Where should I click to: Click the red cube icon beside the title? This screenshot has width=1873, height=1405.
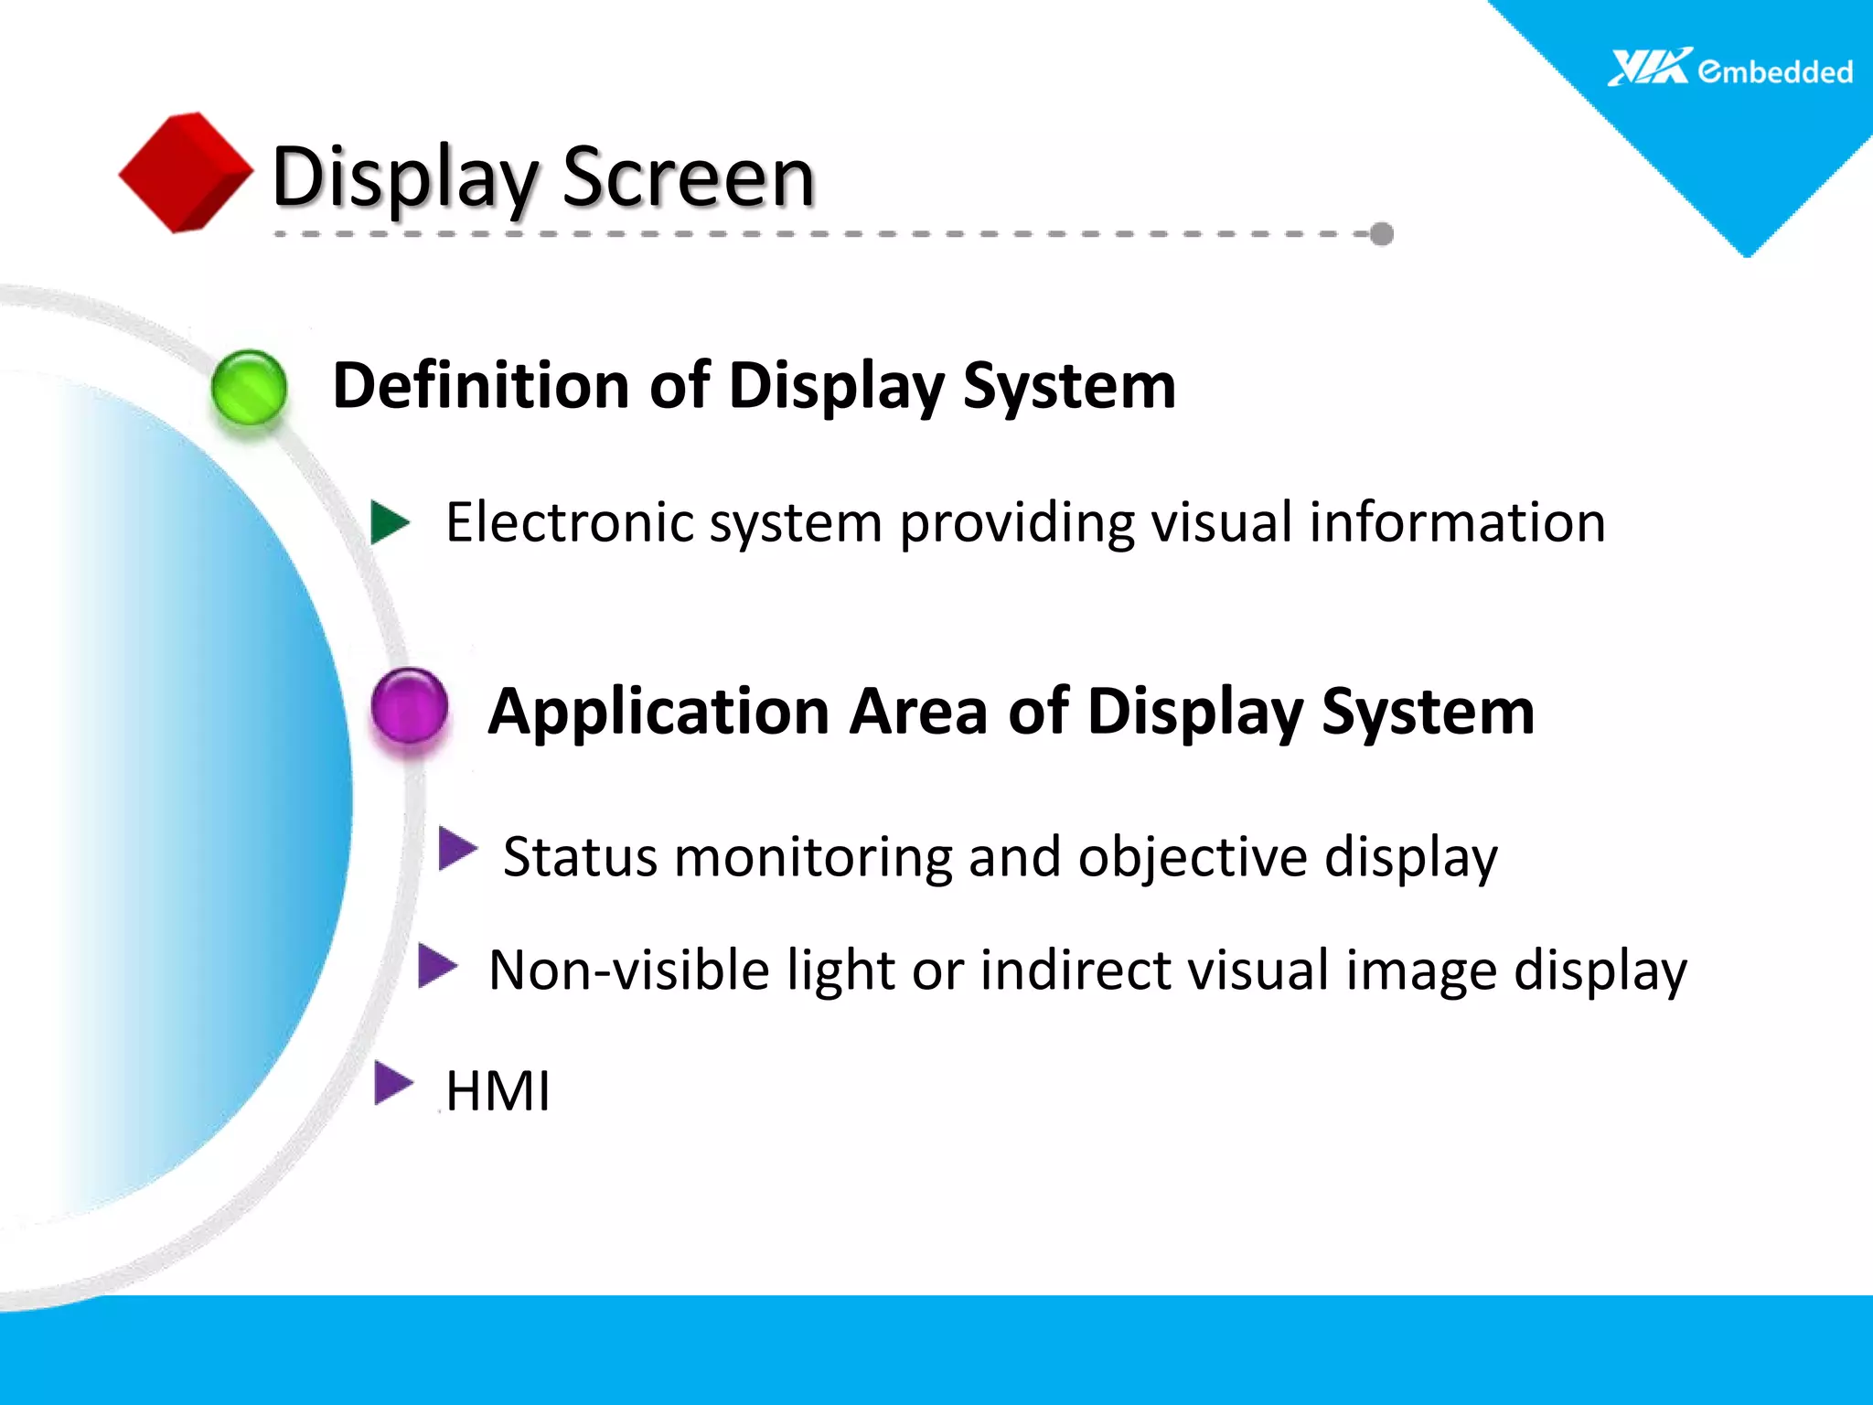coord(186,172)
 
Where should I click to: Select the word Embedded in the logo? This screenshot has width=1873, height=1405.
coord(1775,71)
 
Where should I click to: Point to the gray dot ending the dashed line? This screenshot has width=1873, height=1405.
coord(1382,234)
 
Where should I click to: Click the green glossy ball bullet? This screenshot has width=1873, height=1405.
coord(249,388)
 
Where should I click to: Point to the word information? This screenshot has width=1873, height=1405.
coord(1457,522)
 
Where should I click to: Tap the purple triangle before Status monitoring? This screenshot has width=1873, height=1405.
coord(457,849)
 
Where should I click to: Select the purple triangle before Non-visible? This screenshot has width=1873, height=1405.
coord(437,966)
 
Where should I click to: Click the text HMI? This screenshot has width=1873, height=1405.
coord(498,1091)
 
